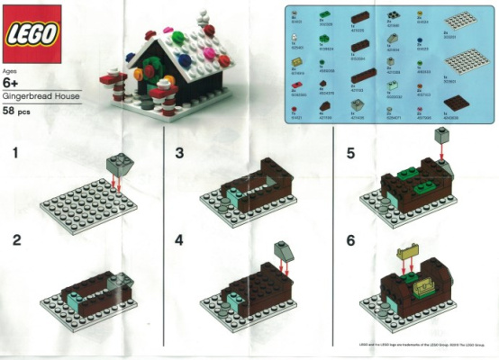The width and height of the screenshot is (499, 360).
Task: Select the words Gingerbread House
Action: point(40,94)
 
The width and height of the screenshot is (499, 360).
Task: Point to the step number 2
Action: point(14,240)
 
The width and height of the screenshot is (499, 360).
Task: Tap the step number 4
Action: point(178,240)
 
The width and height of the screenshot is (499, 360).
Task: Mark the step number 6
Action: point(351,240)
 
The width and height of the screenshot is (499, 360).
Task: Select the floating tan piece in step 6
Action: point(410,260)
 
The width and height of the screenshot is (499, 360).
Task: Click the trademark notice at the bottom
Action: point(414,345)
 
